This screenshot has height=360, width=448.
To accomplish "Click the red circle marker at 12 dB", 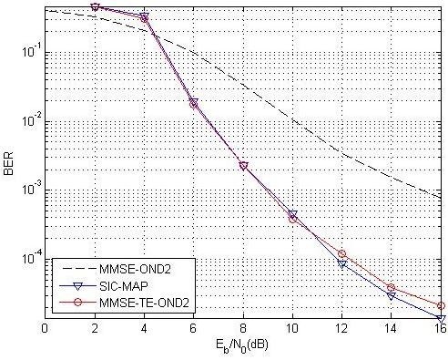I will point(341,254).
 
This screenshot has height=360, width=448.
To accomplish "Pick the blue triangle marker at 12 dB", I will point(341,263).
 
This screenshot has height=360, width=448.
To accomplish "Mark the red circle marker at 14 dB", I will point(392,288).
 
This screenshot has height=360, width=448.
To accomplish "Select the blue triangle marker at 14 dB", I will point(392,296).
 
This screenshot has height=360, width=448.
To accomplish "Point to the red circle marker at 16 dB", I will point(441,306).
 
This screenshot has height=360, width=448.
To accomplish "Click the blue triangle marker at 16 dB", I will point(441,318).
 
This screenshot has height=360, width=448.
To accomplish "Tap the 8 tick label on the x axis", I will point(243,330).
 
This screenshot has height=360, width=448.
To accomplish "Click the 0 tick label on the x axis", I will point(45,330).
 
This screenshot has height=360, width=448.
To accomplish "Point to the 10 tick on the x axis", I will point(292,330).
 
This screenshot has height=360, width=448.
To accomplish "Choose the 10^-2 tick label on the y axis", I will point(31,121).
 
